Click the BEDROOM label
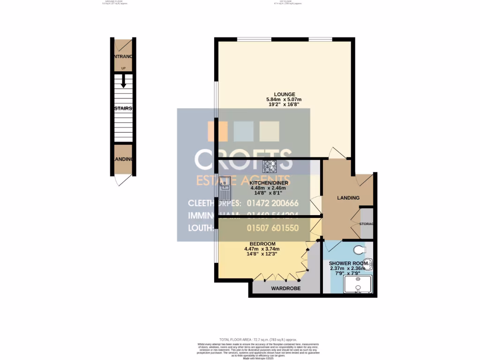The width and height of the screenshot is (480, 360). pyautogui.click(x=262, y=244)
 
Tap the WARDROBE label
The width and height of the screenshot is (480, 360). pyautogui.click(x=286, y=288)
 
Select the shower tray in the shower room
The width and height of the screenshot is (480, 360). pyautogui.click(x=359, y=284)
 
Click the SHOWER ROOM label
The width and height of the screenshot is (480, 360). pyautogui.click(x=346, y=263)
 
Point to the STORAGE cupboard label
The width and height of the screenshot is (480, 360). pyautogui.click(x=367, y=224)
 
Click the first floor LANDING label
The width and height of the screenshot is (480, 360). pyautogui.click(x=348, y=198)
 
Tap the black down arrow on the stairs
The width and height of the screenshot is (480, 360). pyautogui.click(x=123, y=82)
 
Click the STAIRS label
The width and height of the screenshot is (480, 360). pyautogui.click(x=124, y=108)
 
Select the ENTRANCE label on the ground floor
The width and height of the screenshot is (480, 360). pyautogui.click(x=124, y=57)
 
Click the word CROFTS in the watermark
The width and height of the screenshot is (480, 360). pyautogui.click(x=243, y=160)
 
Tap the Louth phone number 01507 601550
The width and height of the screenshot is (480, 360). pyautogui.click(x=272, y=228)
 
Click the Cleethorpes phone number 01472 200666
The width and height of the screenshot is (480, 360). pyautogui.click(x=272, y=203)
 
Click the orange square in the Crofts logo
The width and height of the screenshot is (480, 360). pyautogui.click(x=217, y=131)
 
